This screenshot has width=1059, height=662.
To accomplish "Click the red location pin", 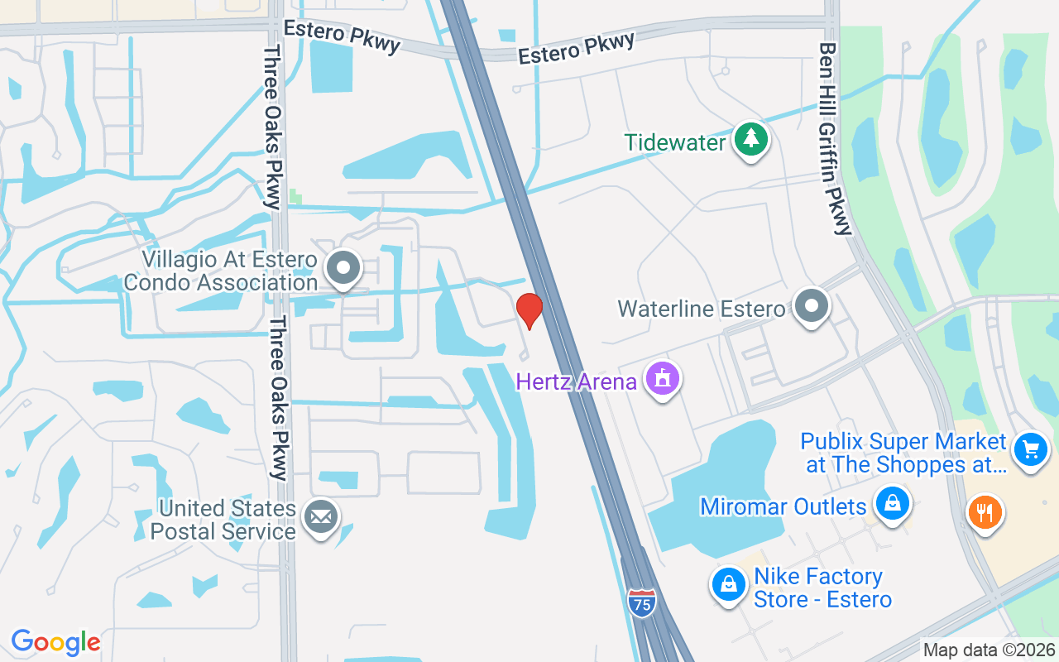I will (529, 309).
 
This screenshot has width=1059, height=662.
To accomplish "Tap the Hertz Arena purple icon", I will (662, 378).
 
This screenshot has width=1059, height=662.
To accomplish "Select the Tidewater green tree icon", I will (750, 138).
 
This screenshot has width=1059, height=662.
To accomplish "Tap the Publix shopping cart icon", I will (1030, 450).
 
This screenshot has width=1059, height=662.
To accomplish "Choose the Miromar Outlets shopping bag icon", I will (893, 503).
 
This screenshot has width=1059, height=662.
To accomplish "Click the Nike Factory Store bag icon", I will (729, 584).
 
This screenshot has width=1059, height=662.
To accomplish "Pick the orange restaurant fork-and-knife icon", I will (984, 511).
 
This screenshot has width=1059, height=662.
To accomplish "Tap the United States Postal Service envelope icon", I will (320, 518).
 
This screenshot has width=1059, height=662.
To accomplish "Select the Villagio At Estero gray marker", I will (343, 267).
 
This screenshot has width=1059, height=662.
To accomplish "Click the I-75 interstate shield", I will (641, 602).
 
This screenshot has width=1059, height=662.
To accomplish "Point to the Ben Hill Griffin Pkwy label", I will (834, 139).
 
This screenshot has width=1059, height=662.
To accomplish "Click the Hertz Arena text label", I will (576, 381).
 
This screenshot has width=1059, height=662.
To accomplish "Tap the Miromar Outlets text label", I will (783, 506).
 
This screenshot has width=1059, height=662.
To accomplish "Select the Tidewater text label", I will (675, 142).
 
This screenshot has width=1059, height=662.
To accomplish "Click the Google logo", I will (55, 641).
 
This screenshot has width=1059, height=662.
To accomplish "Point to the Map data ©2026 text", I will (989, 650).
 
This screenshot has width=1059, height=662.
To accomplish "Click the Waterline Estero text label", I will (701, 309).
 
